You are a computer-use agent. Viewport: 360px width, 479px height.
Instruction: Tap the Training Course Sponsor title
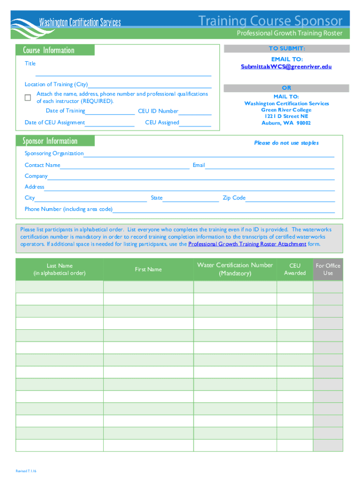click(270, 21)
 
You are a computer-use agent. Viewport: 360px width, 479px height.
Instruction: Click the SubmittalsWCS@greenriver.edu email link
click(286, 67)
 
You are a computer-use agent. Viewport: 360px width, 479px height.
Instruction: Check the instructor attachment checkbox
click(28, 97)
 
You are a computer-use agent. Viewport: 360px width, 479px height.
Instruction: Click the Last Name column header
click(59, 269)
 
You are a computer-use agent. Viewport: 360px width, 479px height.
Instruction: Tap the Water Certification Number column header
click(235, 269)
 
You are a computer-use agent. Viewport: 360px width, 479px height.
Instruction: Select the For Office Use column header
click(328, 269)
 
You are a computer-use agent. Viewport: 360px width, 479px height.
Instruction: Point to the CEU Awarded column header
click(295, 269)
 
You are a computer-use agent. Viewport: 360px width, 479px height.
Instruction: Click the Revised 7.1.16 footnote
click(26, 471)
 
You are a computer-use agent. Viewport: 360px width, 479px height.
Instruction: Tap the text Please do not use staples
click(286, 143)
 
